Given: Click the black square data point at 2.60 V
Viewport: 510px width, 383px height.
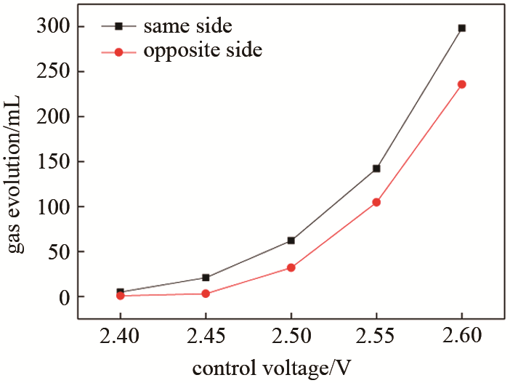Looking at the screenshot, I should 462,28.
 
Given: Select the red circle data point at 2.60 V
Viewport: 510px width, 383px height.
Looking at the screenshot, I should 462,84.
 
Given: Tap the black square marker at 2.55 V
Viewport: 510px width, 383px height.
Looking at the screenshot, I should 376,169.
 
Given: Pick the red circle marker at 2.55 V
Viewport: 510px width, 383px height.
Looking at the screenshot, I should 376,202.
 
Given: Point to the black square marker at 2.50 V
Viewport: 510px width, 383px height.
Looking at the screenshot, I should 291,241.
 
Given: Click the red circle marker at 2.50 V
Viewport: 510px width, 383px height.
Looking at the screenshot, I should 291,267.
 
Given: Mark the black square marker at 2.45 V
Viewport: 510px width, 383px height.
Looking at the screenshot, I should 206,278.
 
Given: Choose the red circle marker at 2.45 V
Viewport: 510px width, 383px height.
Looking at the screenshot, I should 206,294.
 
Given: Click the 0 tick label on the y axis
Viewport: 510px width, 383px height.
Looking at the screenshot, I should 63,297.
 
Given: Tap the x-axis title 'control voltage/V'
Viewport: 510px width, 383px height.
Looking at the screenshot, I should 272,368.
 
